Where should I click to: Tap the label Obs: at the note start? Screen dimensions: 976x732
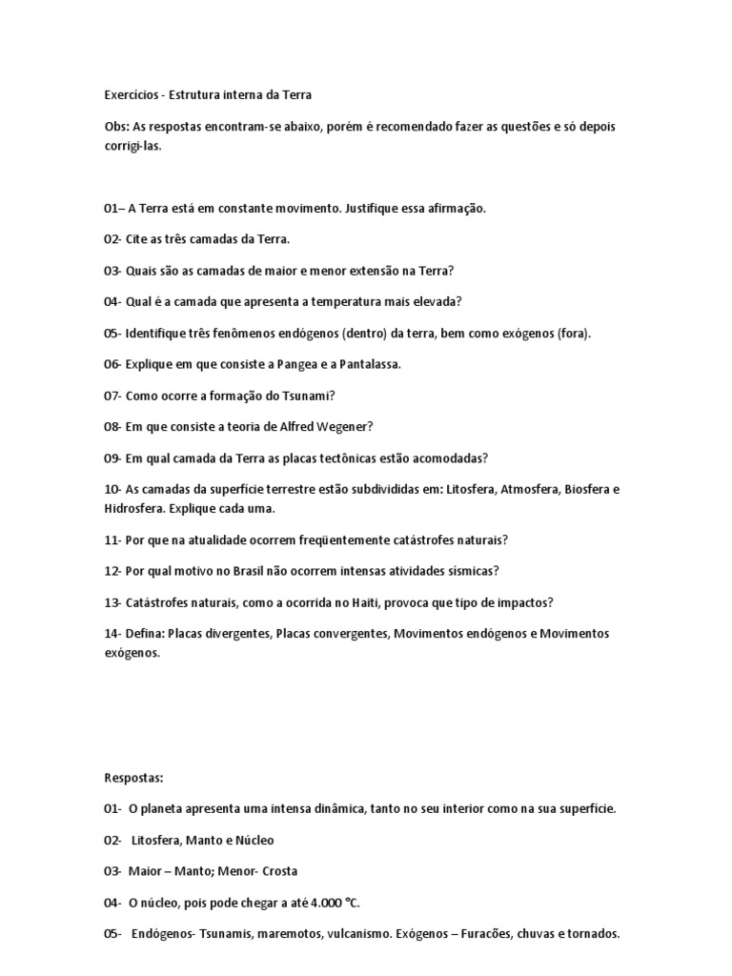[x=117, y=127]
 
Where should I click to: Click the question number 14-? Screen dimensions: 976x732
[x=113, y=633]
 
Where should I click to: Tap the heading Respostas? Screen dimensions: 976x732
[x=134, y=778]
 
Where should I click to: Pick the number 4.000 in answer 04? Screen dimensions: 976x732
[x=303, y=903]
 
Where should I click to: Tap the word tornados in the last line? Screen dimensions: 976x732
[x=594, y=934]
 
